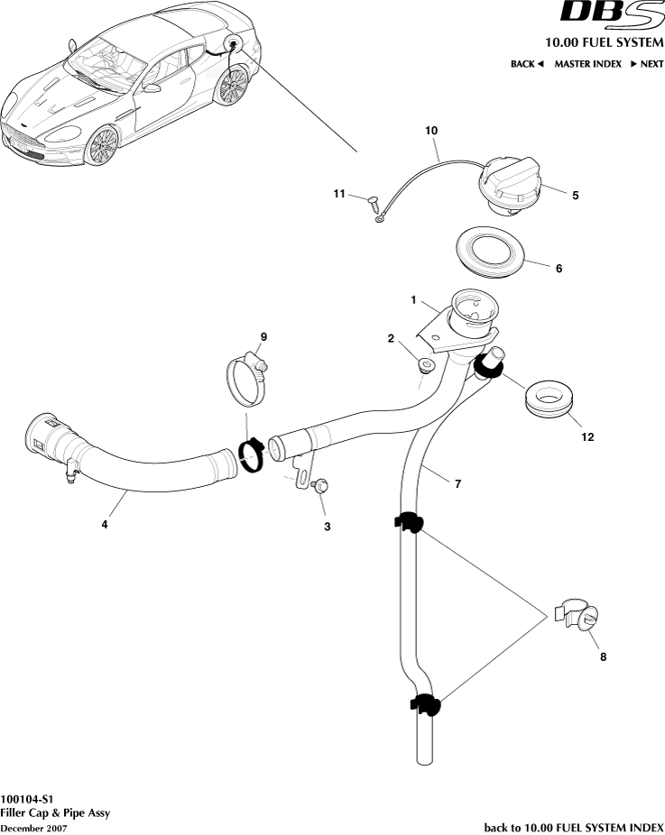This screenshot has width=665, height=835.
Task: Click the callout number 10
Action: coord(431,131)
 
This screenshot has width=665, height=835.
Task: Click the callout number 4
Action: coord(105,524)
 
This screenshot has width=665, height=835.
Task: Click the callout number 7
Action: coord(457,484)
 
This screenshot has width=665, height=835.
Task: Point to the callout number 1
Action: coord(412,298)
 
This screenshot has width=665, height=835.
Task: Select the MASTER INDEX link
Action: coord(587,64)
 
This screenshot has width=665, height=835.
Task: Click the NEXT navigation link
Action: coord(647,64)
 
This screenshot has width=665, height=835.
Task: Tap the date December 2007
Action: coord(33,828)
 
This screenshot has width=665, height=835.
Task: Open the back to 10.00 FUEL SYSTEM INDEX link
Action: coord(574,827)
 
